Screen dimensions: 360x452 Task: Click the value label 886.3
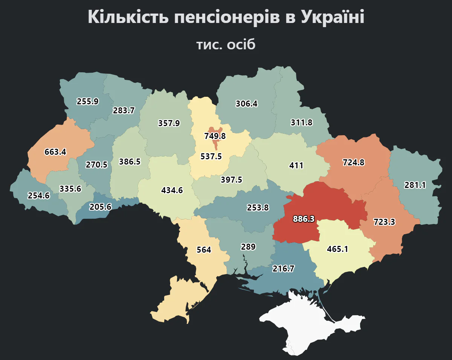pos(304,219)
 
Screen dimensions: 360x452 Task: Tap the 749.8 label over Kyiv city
pos(215,136)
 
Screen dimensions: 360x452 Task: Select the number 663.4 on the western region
pos(55,152)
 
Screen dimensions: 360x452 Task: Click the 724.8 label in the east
pos(354,163)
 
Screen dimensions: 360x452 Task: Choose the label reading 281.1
pos(415,185)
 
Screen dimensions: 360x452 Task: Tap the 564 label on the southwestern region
pos(204,250)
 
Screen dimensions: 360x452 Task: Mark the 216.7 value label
pos(284,268)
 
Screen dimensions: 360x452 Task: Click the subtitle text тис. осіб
pos(226,44)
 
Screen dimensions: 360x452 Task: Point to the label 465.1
pos(337,249)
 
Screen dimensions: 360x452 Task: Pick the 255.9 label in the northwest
pos(87,101)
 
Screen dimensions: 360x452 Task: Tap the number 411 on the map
pos(296,165)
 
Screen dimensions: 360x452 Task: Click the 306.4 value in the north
pos(247,104)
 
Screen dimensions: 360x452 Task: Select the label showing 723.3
pos(384,222)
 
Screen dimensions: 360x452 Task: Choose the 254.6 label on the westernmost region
pos(39,195)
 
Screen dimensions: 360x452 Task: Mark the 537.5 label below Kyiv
pos(211,156)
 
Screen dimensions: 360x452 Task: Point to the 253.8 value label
pos(258,207)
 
